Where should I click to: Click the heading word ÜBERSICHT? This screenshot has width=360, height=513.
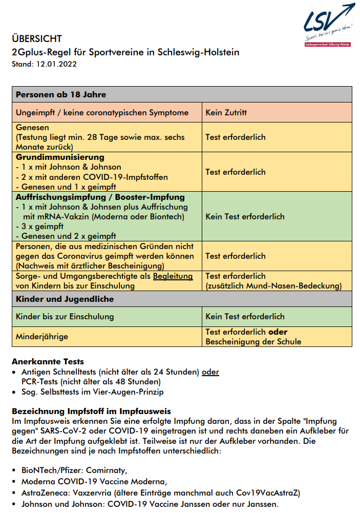[x=37, y=39]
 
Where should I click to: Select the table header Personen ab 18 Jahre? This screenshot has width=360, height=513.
[x=61, y=94]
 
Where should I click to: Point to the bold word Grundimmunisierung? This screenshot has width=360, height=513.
[x=60, y=157]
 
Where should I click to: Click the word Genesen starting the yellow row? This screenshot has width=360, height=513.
[x=32, y=127]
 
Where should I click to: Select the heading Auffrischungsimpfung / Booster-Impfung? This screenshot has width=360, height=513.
[x=100, y=197]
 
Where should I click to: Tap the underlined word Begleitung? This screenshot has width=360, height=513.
[x=173, y=276]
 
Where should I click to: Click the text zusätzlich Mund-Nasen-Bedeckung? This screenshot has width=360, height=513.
[x=274, y=286]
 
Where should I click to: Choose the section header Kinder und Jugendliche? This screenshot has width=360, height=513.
[x=65, y=299]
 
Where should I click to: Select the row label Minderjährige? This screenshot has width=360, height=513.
[x=42, y=337]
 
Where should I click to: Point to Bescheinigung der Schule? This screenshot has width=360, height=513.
[x=253, y=342]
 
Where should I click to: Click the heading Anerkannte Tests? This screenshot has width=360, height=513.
[x=48, y=362]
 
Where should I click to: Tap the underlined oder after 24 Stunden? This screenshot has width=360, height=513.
[x=210, y=372]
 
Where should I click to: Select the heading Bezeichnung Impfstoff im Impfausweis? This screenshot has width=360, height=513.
[x=91, y=412]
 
